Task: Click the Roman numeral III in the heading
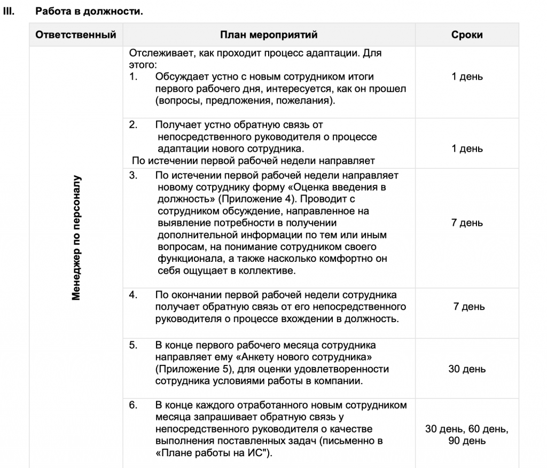(x=8, y=10)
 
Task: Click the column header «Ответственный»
(x=76, y=35)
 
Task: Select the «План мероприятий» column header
(x=269, y=35)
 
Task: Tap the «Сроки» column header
(x=467, y=35)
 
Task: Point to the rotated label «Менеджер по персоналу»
(x=76, y=237)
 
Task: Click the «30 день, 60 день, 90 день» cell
(x=467, y=435)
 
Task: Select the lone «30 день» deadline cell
(x=467, y=369)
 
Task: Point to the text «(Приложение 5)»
(x=189, y=369)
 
